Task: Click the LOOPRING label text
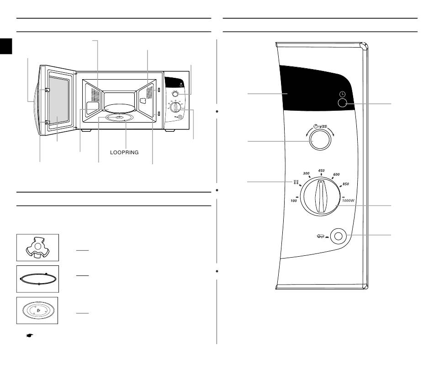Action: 124,152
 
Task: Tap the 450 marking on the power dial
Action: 321,171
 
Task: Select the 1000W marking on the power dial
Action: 348,200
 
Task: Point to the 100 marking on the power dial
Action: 294,201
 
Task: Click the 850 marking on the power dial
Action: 346,184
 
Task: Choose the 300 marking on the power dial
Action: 306,173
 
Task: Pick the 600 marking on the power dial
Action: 336,174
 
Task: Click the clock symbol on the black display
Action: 343,94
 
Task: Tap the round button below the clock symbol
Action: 342,103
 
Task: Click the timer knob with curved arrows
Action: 320,140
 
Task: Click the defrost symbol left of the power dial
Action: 296,182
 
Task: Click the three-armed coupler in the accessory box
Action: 37,247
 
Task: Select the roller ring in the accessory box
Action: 38,279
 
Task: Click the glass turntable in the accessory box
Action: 37,310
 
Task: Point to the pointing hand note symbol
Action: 30,335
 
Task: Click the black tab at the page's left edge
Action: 6,46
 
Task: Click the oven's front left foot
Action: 86,130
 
